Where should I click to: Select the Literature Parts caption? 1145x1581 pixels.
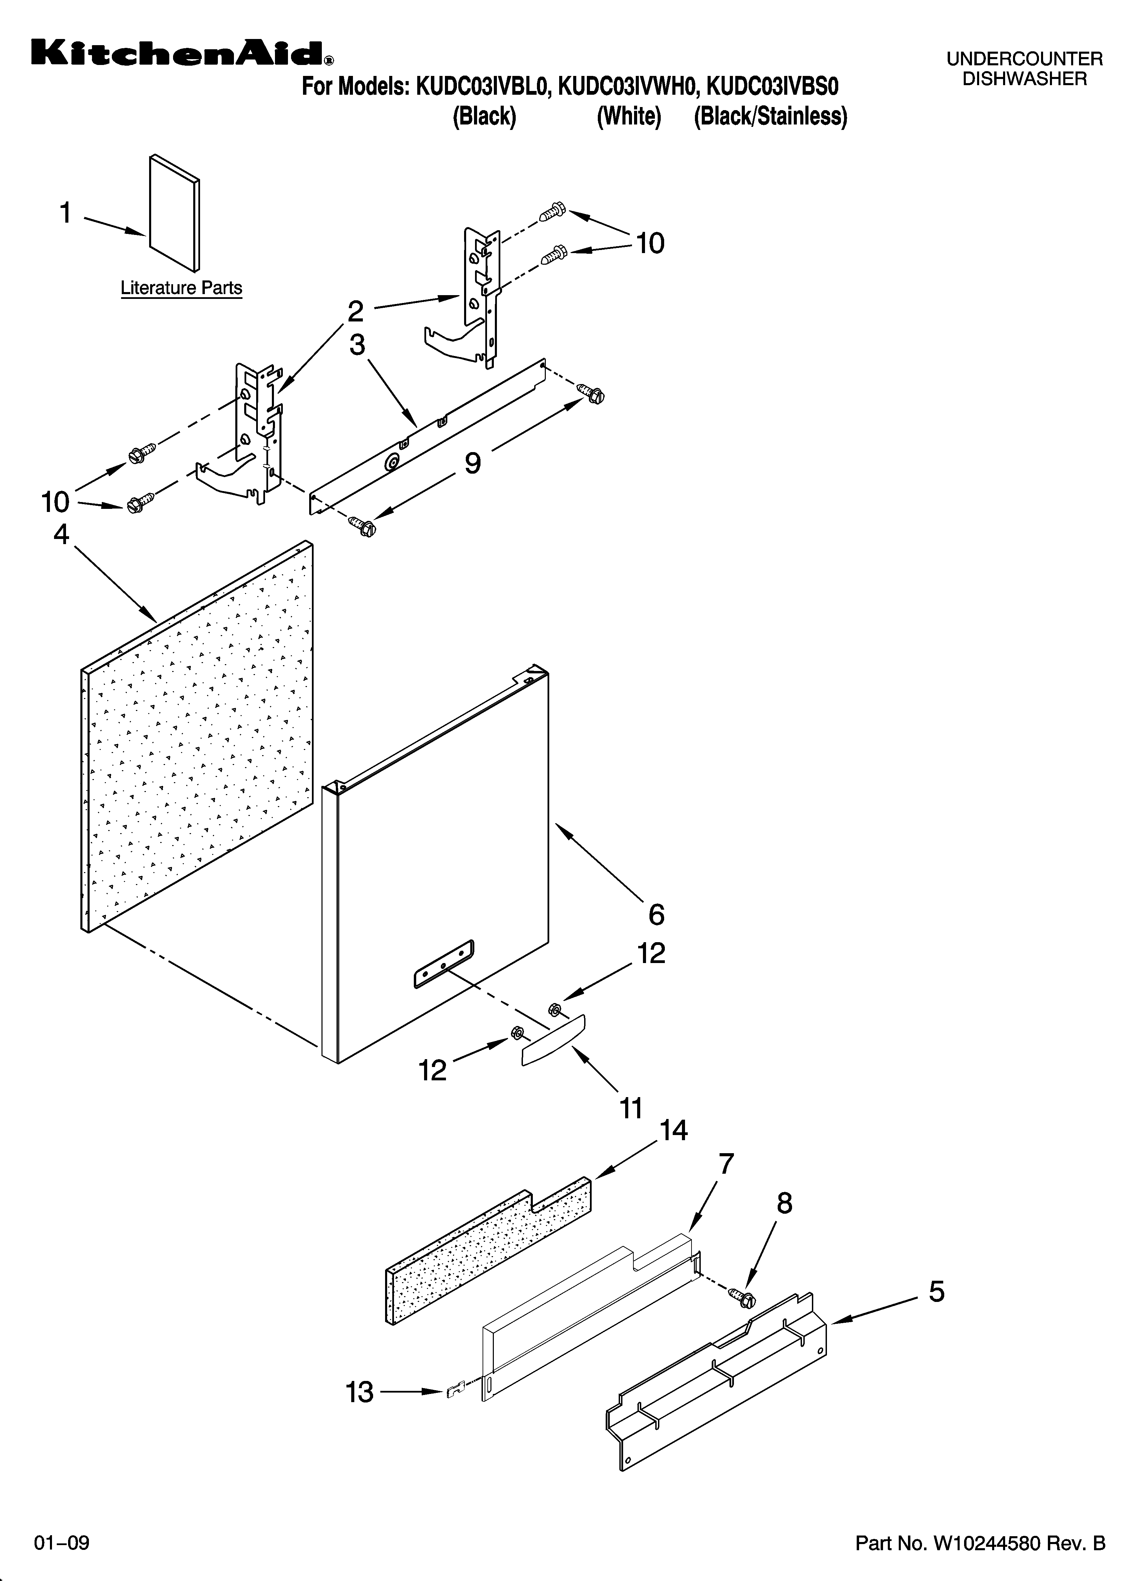(181, 288)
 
